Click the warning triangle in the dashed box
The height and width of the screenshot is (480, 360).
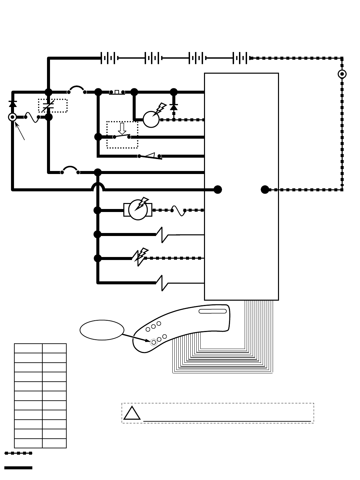click(132, 413)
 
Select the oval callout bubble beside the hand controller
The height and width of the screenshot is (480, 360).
click(102, 330)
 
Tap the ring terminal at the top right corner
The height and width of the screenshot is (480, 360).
click(342, 74)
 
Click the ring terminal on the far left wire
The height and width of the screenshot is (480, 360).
click(13, 117)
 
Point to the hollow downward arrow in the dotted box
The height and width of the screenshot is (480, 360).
click(122, 128)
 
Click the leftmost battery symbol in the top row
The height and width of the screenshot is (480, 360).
click(109, 58)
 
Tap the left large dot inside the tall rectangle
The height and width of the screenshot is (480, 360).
click(218, 190)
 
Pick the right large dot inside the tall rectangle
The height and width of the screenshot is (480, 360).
click(265, 190)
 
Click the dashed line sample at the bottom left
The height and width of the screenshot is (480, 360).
click(18, 453)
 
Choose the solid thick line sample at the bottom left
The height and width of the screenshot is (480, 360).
click(18, 468)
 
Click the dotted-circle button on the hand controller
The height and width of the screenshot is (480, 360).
click(153, 342)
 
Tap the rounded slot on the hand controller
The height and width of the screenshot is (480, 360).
click(213, 311)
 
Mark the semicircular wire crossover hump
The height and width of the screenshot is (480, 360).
click(98, 187)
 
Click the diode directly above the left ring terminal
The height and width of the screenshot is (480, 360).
click(13, 104)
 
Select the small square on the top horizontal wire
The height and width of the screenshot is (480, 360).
click(117, 92)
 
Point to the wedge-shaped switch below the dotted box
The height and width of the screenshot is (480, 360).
click(150, 156)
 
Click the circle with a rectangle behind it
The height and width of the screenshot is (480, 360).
click(138, 210)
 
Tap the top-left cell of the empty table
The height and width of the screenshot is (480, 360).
click(28, 348)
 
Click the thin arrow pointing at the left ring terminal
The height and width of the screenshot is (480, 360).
click(20, 131)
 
